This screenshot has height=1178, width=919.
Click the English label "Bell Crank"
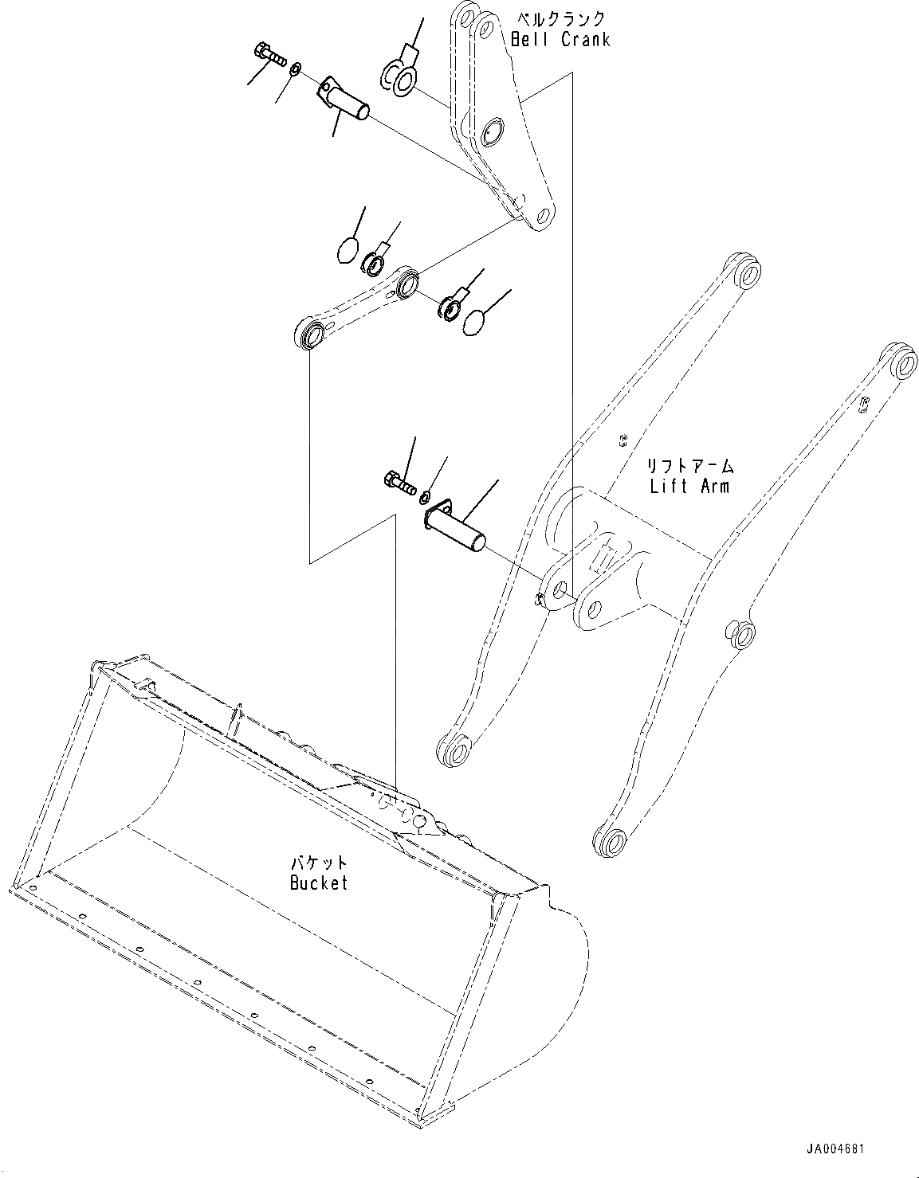click(x=560, y=39)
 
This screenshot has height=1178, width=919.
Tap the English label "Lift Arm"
click(x=689, y=485)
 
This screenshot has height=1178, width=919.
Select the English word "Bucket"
click(x=319, y=883)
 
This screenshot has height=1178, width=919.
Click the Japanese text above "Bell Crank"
click(x=561, y=18)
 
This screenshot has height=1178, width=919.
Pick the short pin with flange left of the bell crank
click(x=345, y=100)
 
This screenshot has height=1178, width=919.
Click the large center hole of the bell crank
click(x=491, y=129)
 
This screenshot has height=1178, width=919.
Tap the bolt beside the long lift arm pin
click(x=399, y=483)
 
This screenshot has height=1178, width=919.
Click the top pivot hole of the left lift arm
click(x=746, y=273)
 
